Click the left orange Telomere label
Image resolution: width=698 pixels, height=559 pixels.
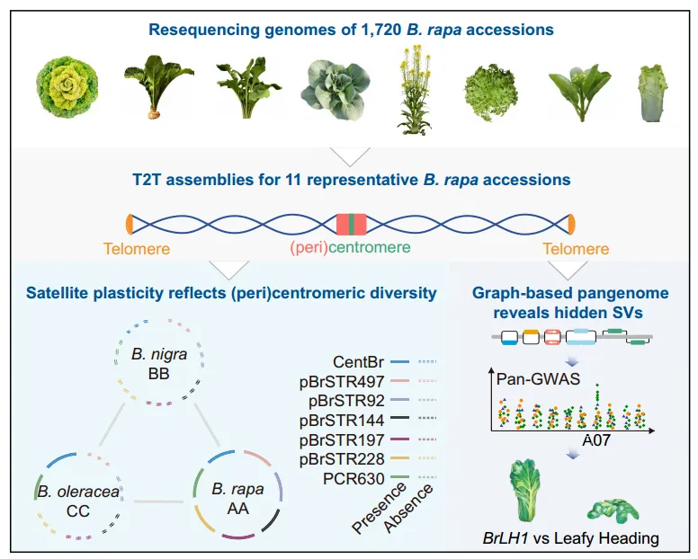(135, 249)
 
